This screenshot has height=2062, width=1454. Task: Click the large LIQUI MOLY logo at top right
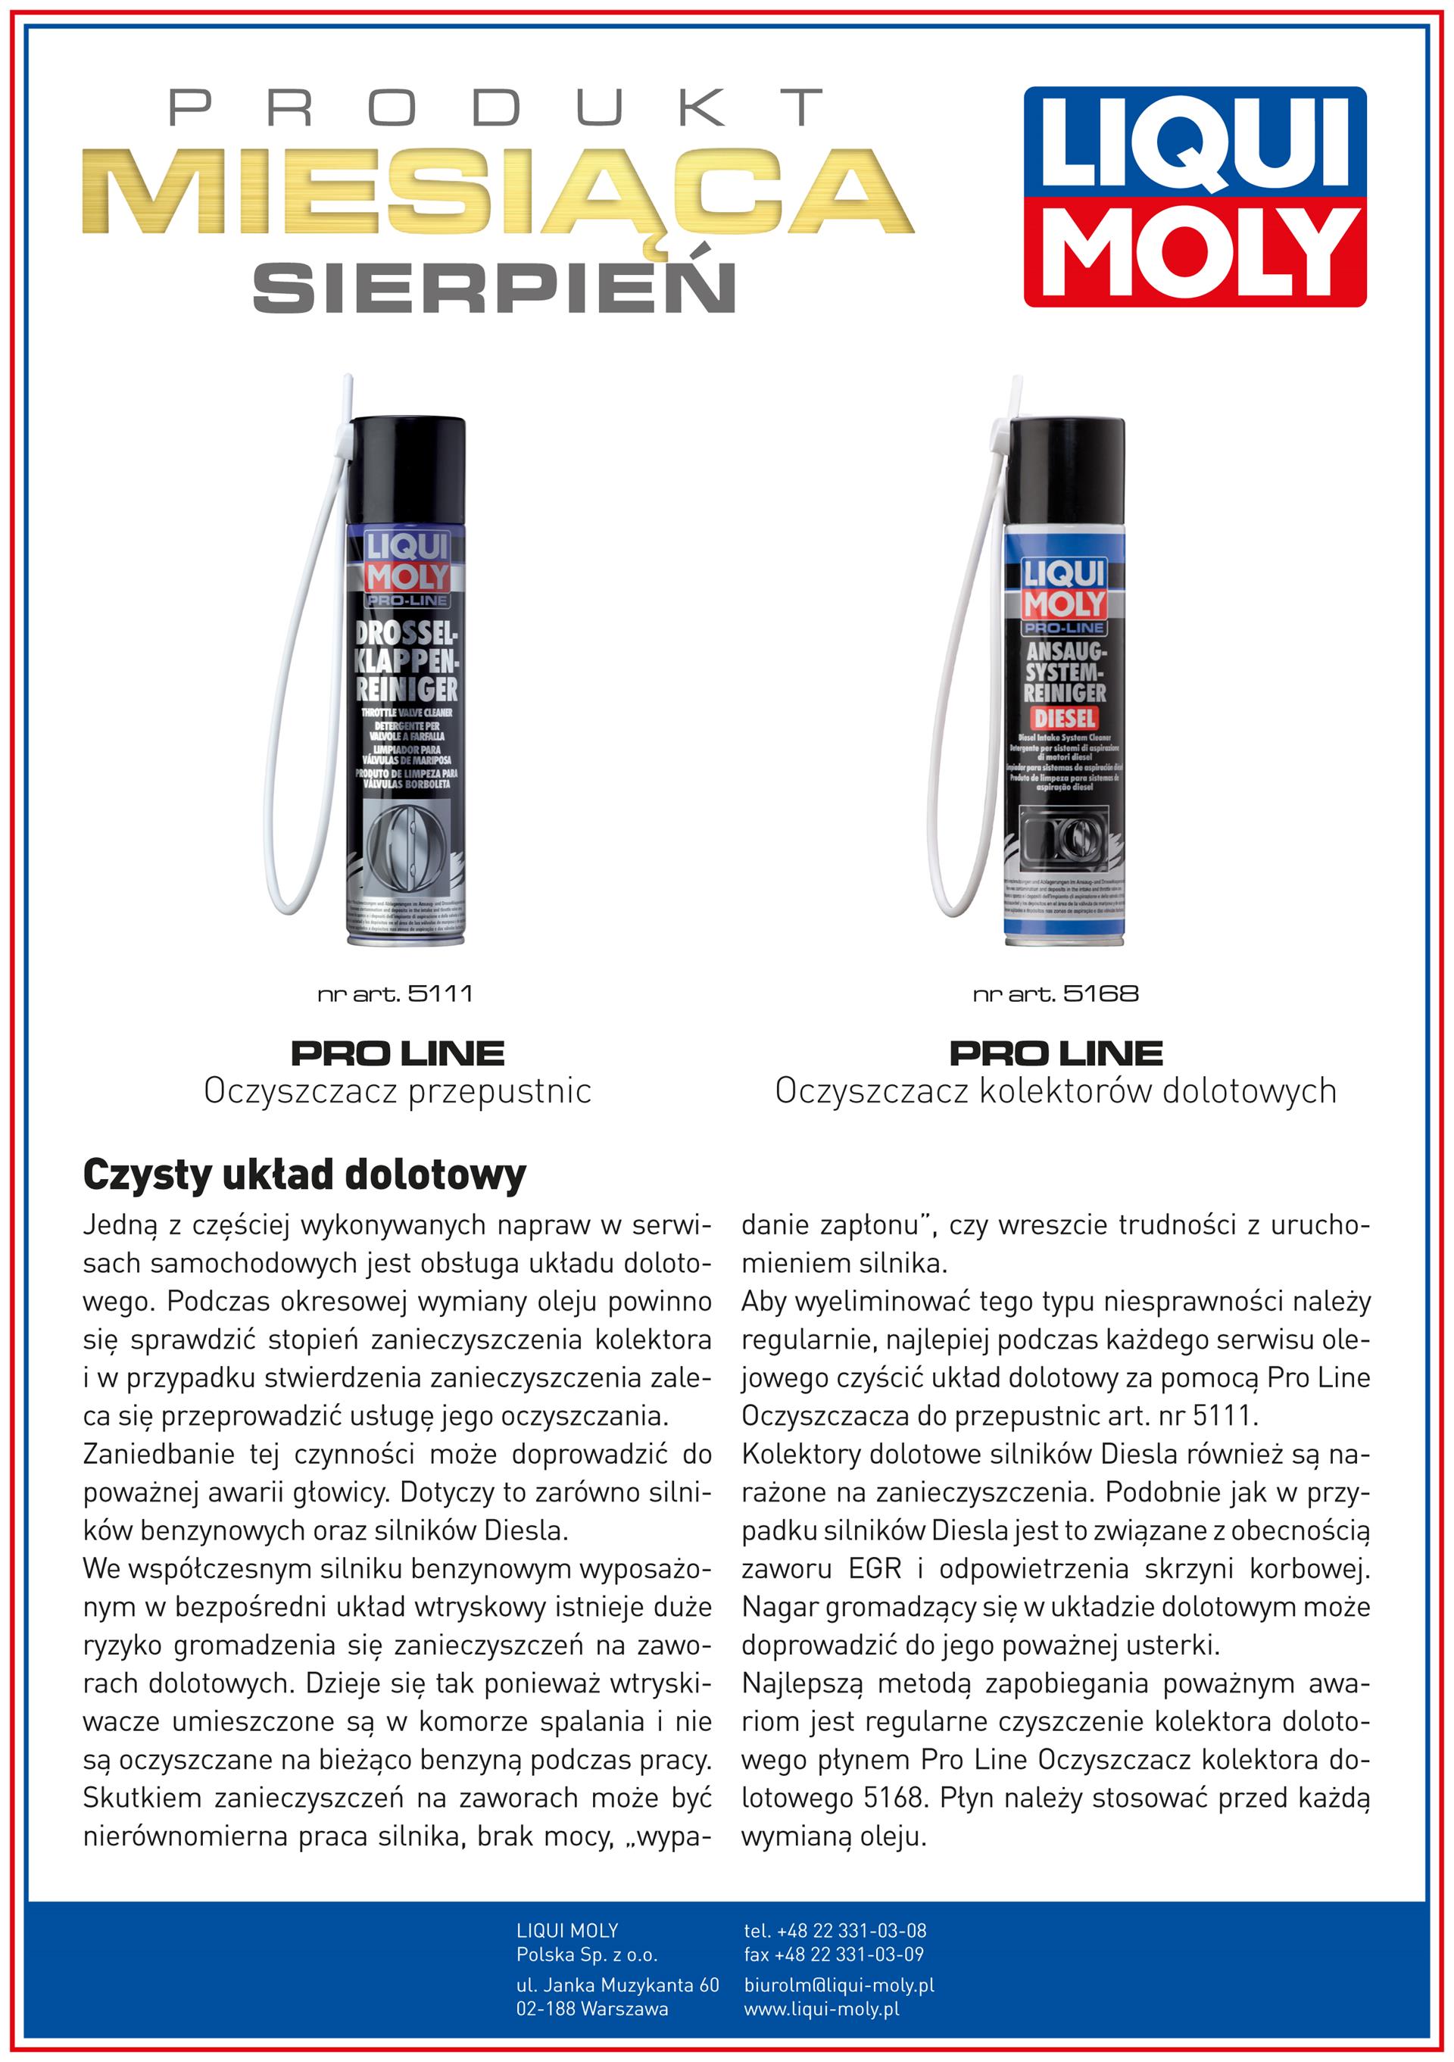pyautogui.click(x=1193, y=197)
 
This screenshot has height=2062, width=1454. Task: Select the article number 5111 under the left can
pyautogui.click(x=395, y=994)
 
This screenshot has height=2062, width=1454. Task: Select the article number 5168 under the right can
pyautogui.click(x=1055, y=994)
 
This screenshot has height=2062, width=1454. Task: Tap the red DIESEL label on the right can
pyautogui.click(x=1064, y=719)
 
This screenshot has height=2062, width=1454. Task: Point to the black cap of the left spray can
pyautogui.click(x=407, y=467)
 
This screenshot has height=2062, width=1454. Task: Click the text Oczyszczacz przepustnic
pyautogui.click(x=397, y=1091)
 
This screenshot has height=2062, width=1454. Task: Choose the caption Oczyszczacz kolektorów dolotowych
pyautogui.click(x=1055, y=1091)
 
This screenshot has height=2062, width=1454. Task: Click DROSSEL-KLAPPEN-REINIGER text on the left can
pyautogui.click(x=407, y=662)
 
